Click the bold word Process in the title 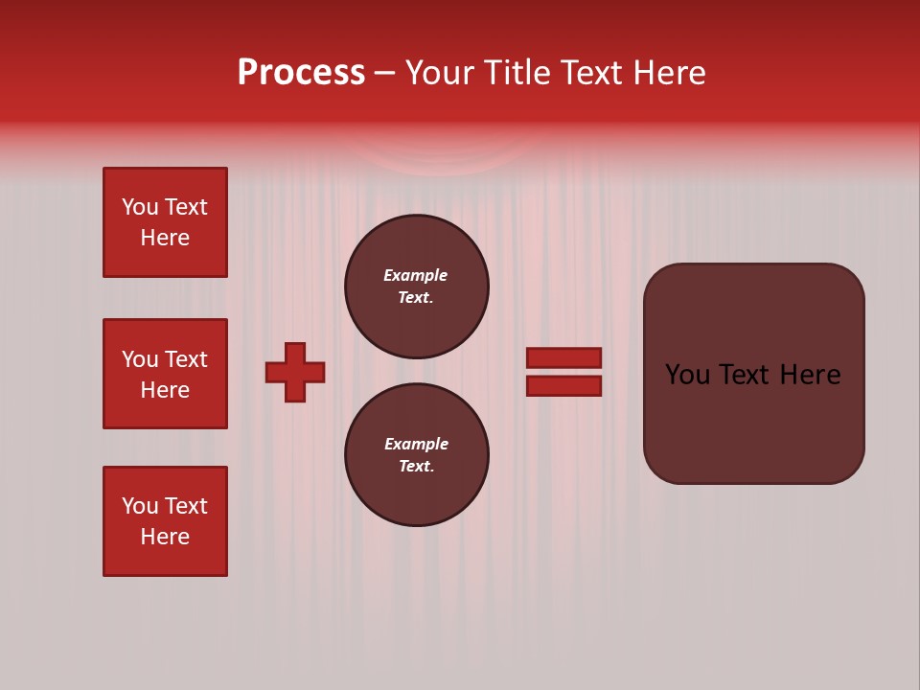pos(301,73)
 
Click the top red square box pos(165,222)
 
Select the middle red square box pos(165,374)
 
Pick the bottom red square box pos(165,521)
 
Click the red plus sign pos(295,372)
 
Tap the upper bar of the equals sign pos(563,357)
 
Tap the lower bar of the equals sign pos(563,385)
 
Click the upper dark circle pos(417,287)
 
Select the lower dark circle pos(417,455)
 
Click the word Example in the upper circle pos(416,275)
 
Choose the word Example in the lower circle pos(416,444)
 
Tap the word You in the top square pos(140,207)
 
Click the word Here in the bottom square pos(165,537)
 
